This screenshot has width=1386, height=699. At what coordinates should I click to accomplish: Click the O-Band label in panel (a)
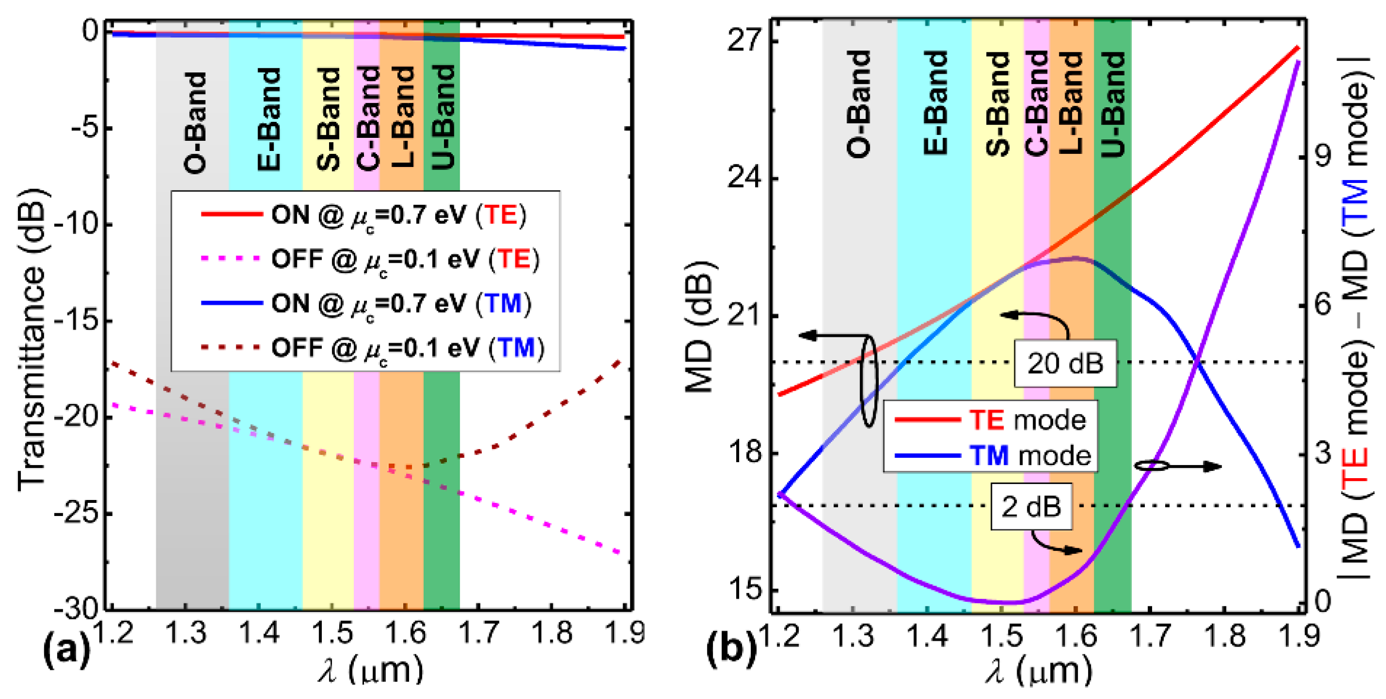tap(195, 123)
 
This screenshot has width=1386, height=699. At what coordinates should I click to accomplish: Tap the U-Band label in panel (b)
tap(1113, 104)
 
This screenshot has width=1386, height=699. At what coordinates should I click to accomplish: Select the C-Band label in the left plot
tap(368, 118)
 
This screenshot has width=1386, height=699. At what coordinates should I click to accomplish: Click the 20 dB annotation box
tap(1065, 363)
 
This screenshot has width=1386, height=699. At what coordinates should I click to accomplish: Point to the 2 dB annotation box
tap(1031, 506)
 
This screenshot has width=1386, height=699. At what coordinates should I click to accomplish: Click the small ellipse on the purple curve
tap(1151, 466)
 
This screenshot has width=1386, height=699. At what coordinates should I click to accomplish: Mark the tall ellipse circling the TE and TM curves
tap(868, 381)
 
